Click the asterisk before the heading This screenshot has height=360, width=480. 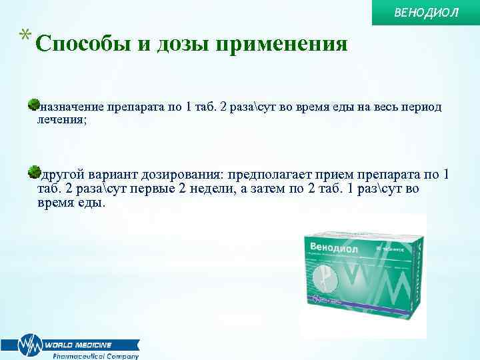[25, 37]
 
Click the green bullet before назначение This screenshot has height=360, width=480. [33, 105]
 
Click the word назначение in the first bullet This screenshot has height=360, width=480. [69, 107]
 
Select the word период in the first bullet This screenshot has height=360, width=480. [421, 107]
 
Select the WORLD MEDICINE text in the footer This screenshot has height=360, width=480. [79, 345]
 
